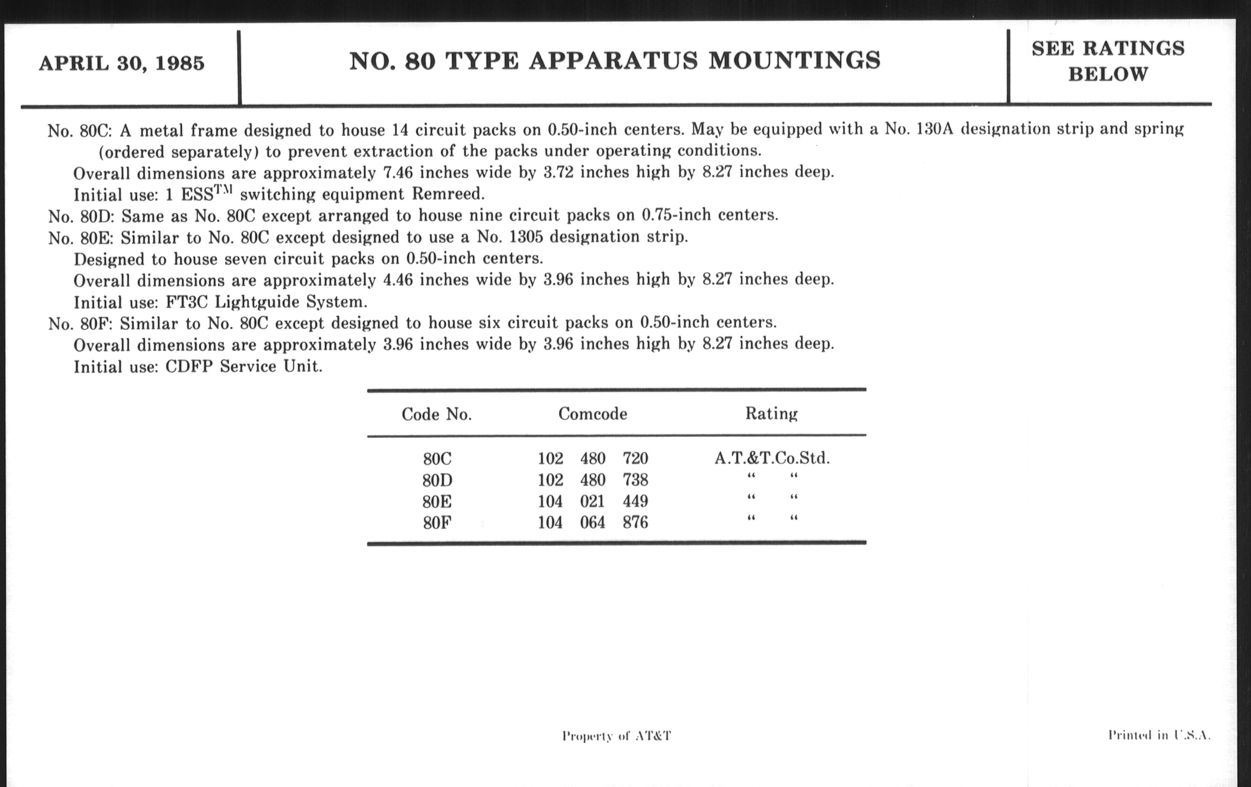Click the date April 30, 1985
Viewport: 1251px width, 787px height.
tap(121, 63)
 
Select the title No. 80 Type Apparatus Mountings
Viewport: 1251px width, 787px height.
tap(615, 61)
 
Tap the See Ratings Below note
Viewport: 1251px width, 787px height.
tap(1107, 61)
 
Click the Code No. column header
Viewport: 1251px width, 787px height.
tap(436, 415)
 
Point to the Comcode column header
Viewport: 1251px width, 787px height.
tap(593, 414)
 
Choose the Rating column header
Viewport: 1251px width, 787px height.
tap(772, 414)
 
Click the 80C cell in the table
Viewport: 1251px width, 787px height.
tap(437, 459)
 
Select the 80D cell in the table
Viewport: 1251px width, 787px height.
tap(437, 480)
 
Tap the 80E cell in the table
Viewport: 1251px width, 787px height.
tap(437, 502)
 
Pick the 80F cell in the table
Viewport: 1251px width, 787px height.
tap(437, 522)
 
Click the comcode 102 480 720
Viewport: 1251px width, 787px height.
tap(593, 459)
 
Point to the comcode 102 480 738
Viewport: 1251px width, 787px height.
tap(593, 480)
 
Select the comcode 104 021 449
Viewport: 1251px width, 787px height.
tap(593, 502)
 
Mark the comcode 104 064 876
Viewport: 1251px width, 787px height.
tap(593, 522)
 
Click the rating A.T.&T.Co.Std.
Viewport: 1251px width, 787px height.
tap(772, 458)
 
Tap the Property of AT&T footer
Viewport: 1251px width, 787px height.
tap(617, 736)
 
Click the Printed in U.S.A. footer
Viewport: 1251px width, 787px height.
tap(1159, 735)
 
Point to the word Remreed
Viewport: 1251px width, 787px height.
tap(448, 194)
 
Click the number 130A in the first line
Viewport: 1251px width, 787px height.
tap(935, 129)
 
